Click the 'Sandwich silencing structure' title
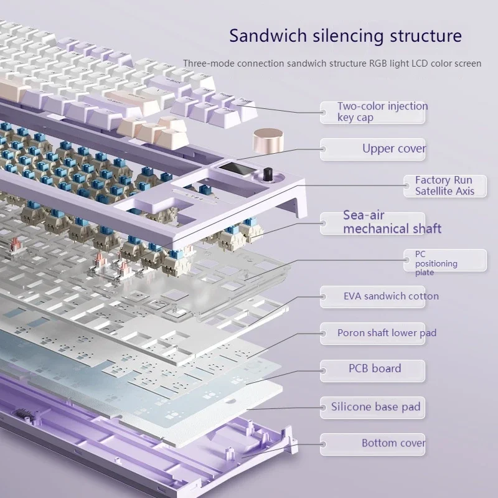pos(345,35)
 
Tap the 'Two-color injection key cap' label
pos(382,112)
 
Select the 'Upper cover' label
pos(394,149)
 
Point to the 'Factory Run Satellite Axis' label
pos(444,186)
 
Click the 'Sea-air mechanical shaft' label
pos(392,222)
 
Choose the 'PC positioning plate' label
pos(436,263)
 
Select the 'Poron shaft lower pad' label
pos(387,333)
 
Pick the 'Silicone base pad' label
pos(375,407)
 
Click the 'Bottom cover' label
pos(393,443)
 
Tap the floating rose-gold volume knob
pos(266,144)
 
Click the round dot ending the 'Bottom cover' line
pos(324,443)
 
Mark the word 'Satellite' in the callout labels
pos(435,191)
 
